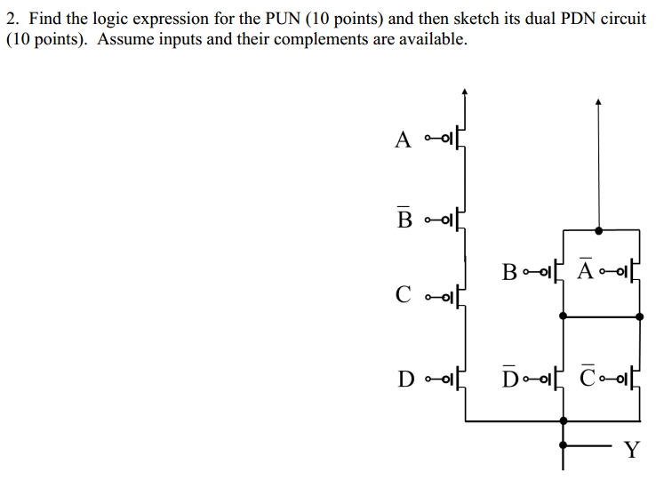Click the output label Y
(x=631, y=449)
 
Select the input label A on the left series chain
(x=404, y=140)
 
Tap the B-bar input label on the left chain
(x=404, y=217)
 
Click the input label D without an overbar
(x=405, y=380)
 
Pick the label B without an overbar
(x=509, y=271)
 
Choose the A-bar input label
(x=585, y=270)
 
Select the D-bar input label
(x=509, y=380)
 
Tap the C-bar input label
(x=588, y=380)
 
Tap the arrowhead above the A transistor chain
(x=464, y=91)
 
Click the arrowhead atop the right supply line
(x=598, y=102)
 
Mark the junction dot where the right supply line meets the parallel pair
(x=598, y=230)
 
